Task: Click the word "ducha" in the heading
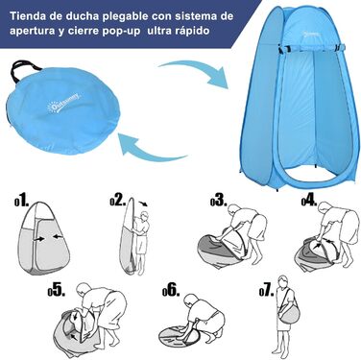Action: click(x=81, y=16)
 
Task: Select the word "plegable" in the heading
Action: click(x=124, y=16)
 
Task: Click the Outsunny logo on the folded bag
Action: click(x=65, y=103)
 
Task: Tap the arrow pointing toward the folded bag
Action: click(x=150, y=148)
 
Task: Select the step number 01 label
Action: click(x=22, y=202)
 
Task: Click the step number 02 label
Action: click(x=118, y=201)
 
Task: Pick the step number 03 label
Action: click(x=219, y=201)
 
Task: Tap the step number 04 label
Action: click(x=309, y=201)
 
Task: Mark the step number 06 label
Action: click(x=171, y=290)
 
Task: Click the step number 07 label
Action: click(x=267, y=290)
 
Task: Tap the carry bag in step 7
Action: click(x=289, y=314)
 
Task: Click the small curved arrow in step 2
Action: click(x=143, y=204)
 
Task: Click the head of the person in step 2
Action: click(x=145, y=215)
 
